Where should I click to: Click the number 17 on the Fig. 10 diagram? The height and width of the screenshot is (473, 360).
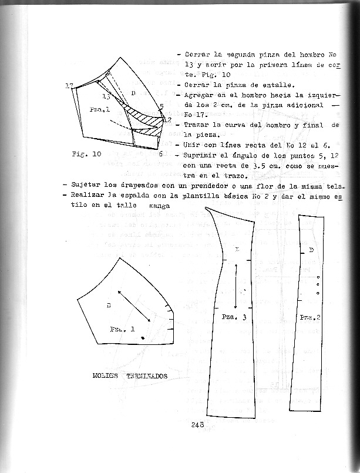[x=69, y=86]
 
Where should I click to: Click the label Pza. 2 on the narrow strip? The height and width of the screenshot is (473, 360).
[x=309, y=317]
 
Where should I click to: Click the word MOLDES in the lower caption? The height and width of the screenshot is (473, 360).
[x=105, y=375]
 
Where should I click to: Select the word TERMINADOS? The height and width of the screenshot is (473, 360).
[x=144, y=375]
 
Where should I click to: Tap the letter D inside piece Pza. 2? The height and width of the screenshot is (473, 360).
[x=311, y=251]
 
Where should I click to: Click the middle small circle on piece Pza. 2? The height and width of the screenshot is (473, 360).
[x=318, y=285]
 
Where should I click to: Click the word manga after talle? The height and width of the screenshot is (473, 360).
[x=159, y=206]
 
